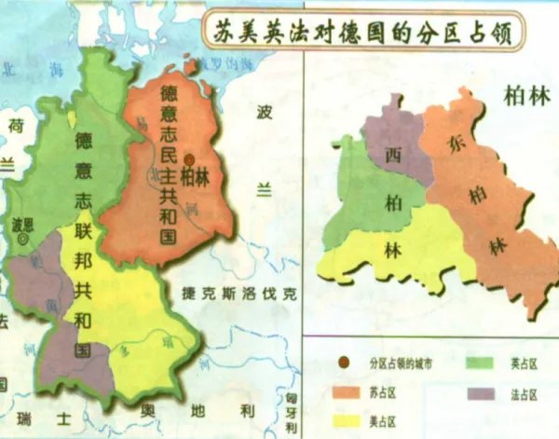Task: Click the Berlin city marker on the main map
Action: [x=189, y=158]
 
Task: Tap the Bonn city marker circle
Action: [x=20, y=240]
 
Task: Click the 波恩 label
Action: [x=21, y=224]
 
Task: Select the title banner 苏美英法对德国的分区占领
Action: [x=366, y=34]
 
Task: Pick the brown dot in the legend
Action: [x=345, y=362]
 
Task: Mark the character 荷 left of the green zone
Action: [x=16, y=124]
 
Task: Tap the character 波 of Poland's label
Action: [x=265, y=112]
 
